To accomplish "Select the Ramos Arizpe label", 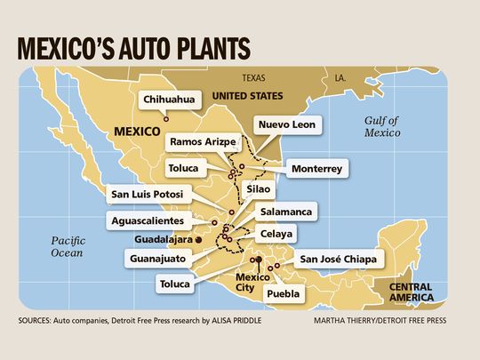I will coord(202,141).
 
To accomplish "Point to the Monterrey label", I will coord(316,167).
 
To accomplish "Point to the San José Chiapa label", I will coord(340,260).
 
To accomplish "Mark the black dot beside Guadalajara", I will coord(199,239).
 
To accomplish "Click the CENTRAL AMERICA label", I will coord(412,292).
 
